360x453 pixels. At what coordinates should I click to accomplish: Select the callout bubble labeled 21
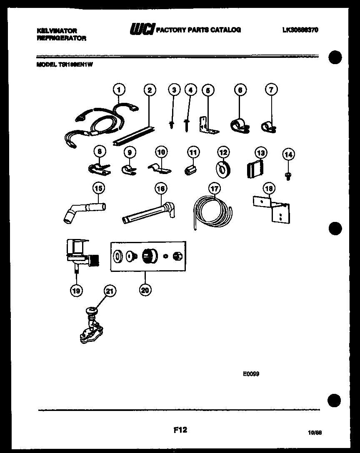click(x=109, y=292)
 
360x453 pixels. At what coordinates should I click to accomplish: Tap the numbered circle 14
click(x=288, y=155)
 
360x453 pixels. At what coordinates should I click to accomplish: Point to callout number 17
click(x=214, y=189)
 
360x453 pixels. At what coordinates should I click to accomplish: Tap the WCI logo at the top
click(x=142, y=29)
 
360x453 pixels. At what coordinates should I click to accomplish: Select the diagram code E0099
click(x=251, y=374)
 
